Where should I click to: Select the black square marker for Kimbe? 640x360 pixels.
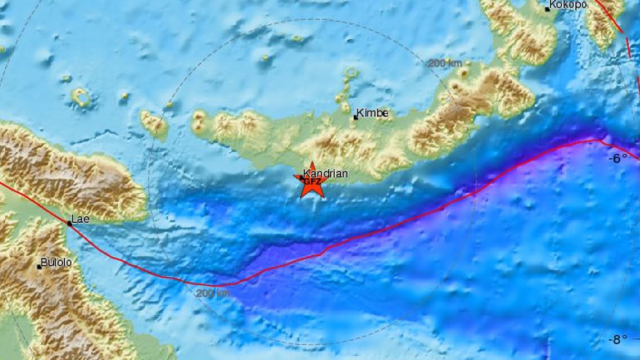[356, 117]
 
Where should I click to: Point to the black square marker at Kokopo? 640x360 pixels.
[548, 8]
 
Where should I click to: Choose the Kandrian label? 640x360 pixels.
[320, 174]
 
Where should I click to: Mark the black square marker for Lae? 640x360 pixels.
[70, 223]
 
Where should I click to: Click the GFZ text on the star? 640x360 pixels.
[312, 180]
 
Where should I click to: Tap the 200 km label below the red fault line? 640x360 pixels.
[212, 292]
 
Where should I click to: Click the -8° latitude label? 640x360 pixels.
[618, 339]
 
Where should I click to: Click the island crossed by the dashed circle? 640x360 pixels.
[155, 125]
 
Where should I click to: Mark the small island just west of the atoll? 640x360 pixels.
[65, 79]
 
